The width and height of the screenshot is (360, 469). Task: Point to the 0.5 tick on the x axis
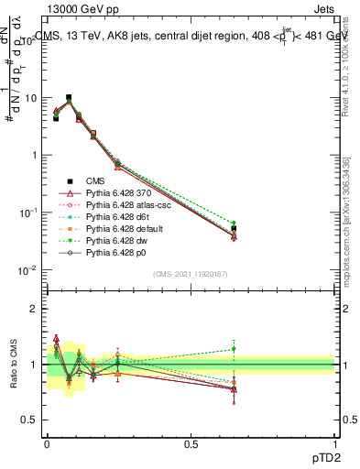click(x=190, y=443)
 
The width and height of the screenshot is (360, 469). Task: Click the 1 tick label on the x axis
click(x=335, y=443)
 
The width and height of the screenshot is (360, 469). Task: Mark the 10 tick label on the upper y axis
click(x=32, y=97)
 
